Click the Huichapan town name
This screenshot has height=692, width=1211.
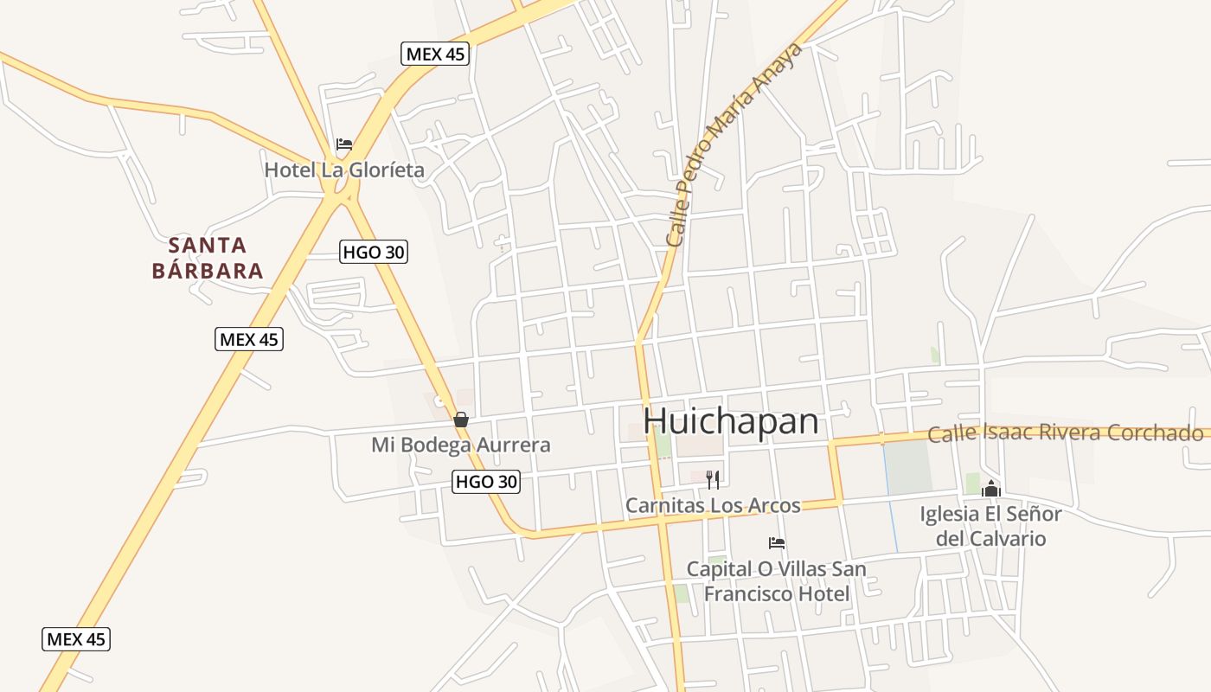731,421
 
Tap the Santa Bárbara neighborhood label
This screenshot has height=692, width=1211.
208,258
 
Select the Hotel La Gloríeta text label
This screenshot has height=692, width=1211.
344,170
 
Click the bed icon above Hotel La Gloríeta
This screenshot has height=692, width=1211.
344,144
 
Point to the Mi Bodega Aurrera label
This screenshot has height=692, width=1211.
461,445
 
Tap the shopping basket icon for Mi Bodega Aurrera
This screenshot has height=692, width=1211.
461,420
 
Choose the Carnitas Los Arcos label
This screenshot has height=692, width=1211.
713,505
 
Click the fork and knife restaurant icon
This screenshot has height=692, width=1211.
713,479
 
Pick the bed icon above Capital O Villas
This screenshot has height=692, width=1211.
777,543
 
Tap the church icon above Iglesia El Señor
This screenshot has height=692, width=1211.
991,490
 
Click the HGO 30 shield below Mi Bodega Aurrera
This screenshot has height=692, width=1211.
486,482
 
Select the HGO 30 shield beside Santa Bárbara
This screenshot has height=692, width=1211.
373,252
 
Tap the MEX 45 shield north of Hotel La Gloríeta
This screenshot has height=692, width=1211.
436,54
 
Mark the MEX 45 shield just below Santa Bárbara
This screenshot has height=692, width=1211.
249,339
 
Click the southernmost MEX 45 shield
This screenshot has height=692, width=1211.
76,639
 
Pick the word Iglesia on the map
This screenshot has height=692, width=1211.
949,515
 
